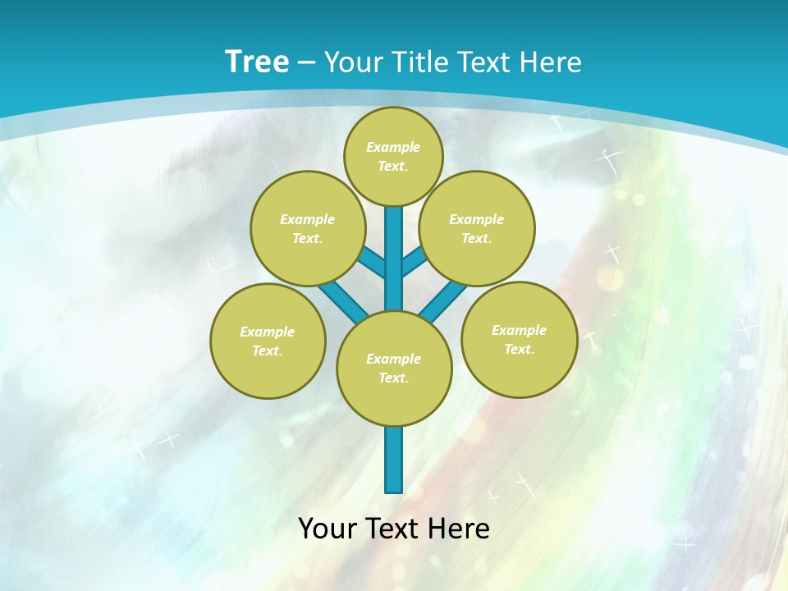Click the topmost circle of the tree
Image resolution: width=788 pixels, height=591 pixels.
tap(393, 156)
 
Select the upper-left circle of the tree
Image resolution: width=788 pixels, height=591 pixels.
tap(307, 228)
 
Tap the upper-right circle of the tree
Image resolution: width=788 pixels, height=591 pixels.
tap(477, 228)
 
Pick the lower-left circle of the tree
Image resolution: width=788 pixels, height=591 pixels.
tap(268, 341)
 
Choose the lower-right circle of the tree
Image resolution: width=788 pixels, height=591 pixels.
tap(519, 339)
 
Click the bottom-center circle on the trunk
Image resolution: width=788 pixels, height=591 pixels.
tap(394, 369)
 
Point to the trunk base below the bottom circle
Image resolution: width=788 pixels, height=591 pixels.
tap(394, 460)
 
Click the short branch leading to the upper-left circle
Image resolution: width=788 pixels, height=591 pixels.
tap(372, 261)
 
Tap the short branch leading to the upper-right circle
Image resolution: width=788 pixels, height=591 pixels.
tap(415, 261)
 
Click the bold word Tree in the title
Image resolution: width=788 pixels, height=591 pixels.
tap(257, 62)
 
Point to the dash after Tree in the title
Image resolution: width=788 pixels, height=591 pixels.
tap(306, 62)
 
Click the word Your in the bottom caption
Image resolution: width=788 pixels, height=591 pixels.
tap(328, 528)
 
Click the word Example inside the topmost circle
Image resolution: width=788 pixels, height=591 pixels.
tap(393, 147)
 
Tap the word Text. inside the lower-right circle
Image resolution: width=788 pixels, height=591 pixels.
tap(519, 349)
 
